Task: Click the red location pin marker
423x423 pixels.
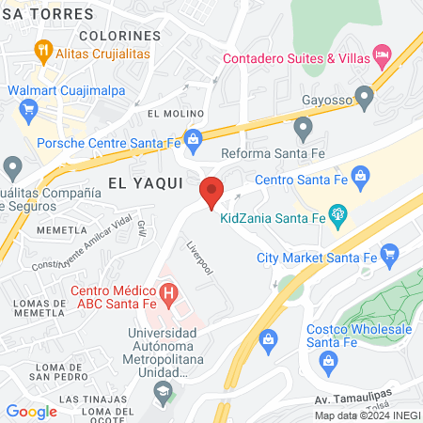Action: point(212,191)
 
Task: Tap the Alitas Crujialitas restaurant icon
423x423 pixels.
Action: point(42,49)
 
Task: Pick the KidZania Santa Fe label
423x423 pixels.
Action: point(273,219)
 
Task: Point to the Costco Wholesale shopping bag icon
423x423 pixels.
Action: point(268,337)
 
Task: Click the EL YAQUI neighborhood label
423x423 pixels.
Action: point(145,184)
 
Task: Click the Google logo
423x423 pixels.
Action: point(31,411)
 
